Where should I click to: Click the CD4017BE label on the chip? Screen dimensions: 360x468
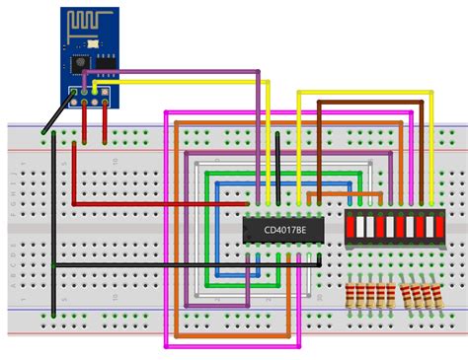284,229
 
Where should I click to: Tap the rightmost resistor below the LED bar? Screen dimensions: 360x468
433,295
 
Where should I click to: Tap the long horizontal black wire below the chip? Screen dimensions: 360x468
178,264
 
